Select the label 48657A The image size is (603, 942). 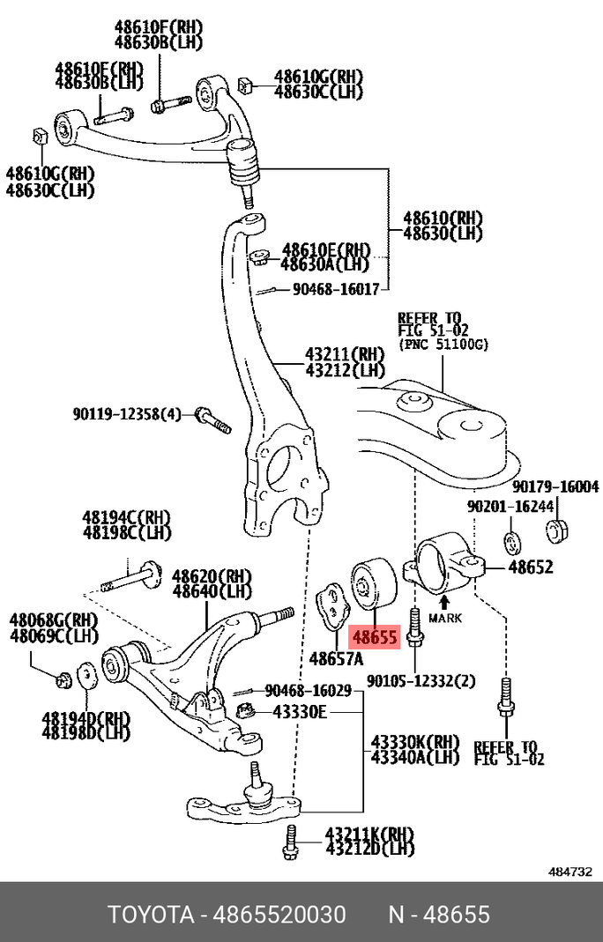(x=335, y=658)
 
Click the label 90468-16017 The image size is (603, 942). (x=335, y=288)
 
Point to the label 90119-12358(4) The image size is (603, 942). (x=127, y=412)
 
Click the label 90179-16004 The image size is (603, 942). (x=555, y=486)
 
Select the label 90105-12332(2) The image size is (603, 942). (x=421, y=680)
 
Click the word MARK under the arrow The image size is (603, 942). (x=444, y=619)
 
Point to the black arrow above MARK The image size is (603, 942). (x=444, y=602)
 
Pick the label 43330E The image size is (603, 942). (x=299, y=711)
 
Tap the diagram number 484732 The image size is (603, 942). (x=569, y=872)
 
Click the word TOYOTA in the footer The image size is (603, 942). (x=151, y=914)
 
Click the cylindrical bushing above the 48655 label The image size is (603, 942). (x=368, y=582)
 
